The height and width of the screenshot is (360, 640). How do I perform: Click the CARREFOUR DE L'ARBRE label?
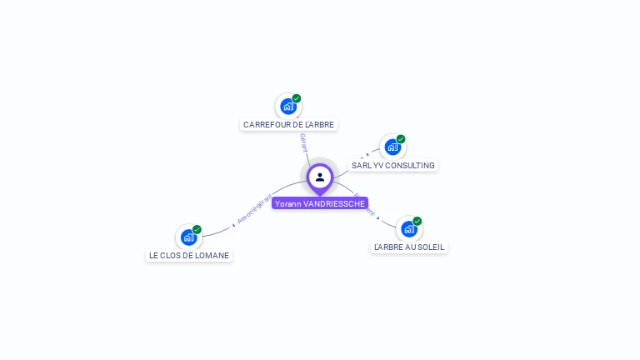(x=288, y=125)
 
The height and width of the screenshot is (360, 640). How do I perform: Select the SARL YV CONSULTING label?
(x=393, y=166)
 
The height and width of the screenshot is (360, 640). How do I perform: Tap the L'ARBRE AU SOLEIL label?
(x=409, y=247)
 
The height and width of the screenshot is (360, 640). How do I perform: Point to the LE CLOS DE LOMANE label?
(x=189, y=256)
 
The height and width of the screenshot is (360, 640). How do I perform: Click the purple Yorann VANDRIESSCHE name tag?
(x=320, y=203)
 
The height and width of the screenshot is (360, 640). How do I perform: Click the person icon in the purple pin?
(x=320, y=177)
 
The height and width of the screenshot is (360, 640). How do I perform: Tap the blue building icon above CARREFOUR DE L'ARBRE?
(x=288, y=107)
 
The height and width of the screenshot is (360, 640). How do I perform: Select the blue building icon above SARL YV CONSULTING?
(x=392, y=147)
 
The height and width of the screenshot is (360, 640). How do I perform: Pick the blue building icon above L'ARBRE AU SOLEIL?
(x=408, y=229)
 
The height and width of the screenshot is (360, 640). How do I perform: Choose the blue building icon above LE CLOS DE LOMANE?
(x=188, y=237)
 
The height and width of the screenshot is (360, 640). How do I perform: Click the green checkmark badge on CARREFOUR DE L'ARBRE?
(x=297, y=98)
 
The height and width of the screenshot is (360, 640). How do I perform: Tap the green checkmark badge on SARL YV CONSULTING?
(x=401, y=139)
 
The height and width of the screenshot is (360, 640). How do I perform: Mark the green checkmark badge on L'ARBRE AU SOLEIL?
(x=417, y=221)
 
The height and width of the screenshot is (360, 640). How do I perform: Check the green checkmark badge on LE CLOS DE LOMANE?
(x=197, y=229)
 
